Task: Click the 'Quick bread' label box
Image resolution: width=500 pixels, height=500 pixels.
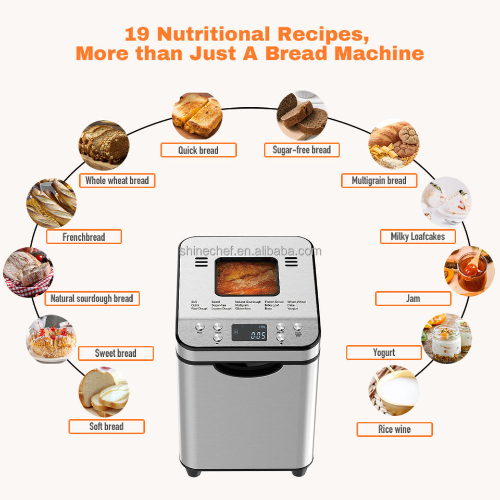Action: (x=198, y=151)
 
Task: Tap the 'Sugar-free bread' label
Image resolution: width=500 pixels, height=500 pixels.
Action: (x=302, y=150)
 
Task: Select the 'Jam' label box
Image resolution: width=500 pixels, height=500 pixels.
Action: (x=413, y=298)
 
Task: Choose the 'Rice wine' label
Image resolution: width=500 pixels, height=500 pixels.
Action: (x=394, y=430)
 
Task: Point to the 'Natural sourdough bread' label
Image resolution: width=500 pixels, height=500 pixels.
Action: (x=92, y=298)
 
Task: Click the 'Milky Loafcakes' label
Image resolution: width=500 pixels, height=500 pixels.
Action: (x=418, y=236)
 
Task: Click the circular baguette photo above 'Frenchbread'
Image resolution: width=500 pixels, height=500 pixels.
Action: (x=52, y=204)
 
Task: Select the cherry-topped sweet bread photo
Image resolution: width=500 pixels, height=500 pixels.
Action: (x=52, y=339)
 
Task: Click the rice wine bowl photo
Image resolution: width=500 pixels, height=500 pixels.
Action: (x=394, y=390)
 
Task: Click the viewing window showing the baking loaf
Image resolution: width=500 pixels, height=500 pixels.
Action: (x=246, y=278)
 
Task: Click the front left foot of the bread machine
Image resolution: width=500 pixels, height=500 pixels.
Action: (x=193, y=472)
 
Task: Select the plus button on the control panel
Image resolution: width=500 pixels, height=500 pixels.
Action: (x=282, y=339)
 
